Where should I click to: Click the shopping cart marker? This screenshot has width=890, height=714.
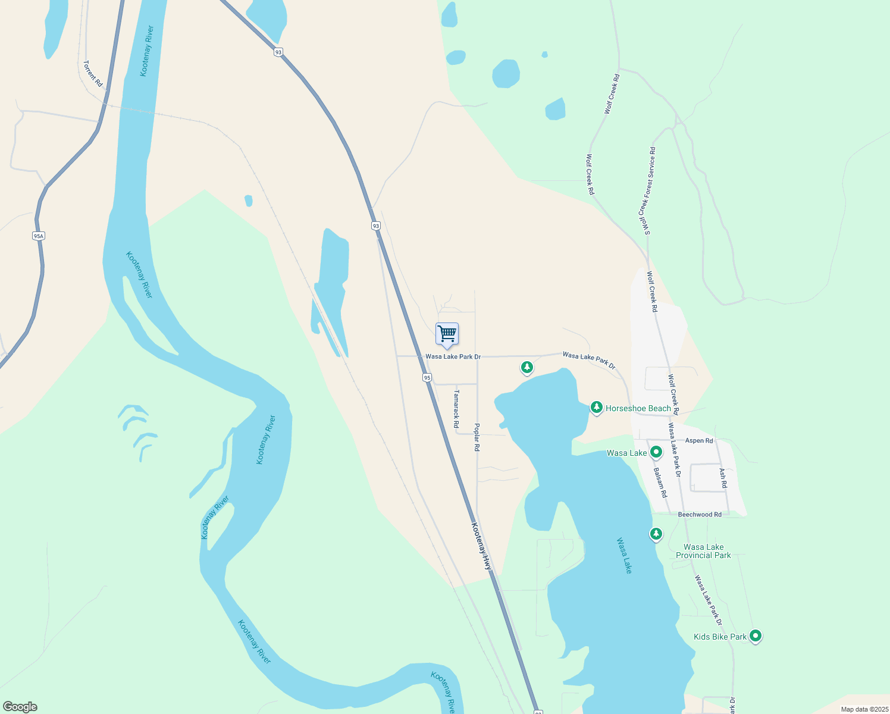447,335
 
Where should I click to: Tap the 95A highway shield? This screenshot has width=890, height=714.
39,236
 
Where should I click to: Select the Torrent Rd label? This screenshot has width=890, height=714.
93,74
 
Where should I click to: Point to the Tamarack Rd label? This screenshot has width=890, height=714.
456,409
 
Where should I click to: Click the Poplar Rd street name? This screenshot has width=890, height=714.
477,437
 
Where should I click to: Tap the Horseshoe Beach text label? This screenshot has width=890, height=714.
638,408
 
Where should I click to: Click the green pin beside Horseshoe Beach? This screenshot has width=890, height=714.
596,408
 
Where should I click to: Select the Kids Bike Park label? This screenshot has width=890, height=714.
720,637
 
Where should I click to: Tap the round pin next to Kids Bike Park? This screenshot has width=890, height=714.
756,636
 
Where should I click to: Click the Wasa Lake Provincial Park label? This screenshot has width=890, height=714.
703,551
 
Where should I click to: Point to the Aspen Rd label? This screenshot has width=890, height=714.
699,441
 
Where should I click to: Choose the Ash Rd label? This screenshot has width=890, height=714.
723,478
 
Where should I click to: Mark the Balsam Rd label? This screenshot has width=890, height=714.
660,483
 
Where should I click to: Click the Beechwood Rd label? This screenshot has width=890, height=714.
700,515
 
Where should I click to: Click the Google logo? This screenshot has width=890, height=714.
20,707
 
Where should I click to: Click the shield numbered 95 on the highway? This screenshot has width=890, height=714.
427,377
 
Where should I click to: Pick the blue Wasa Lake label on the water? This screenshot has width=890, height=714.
624,556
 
